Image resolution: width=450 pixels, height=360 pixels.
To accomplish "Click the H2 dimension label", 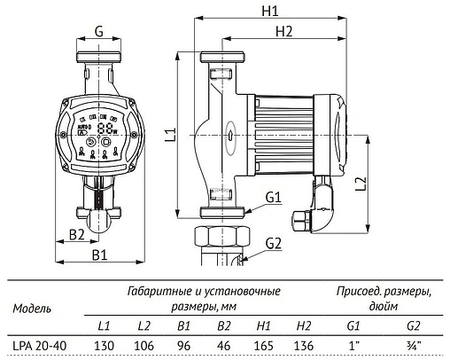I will coord(284,31).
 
